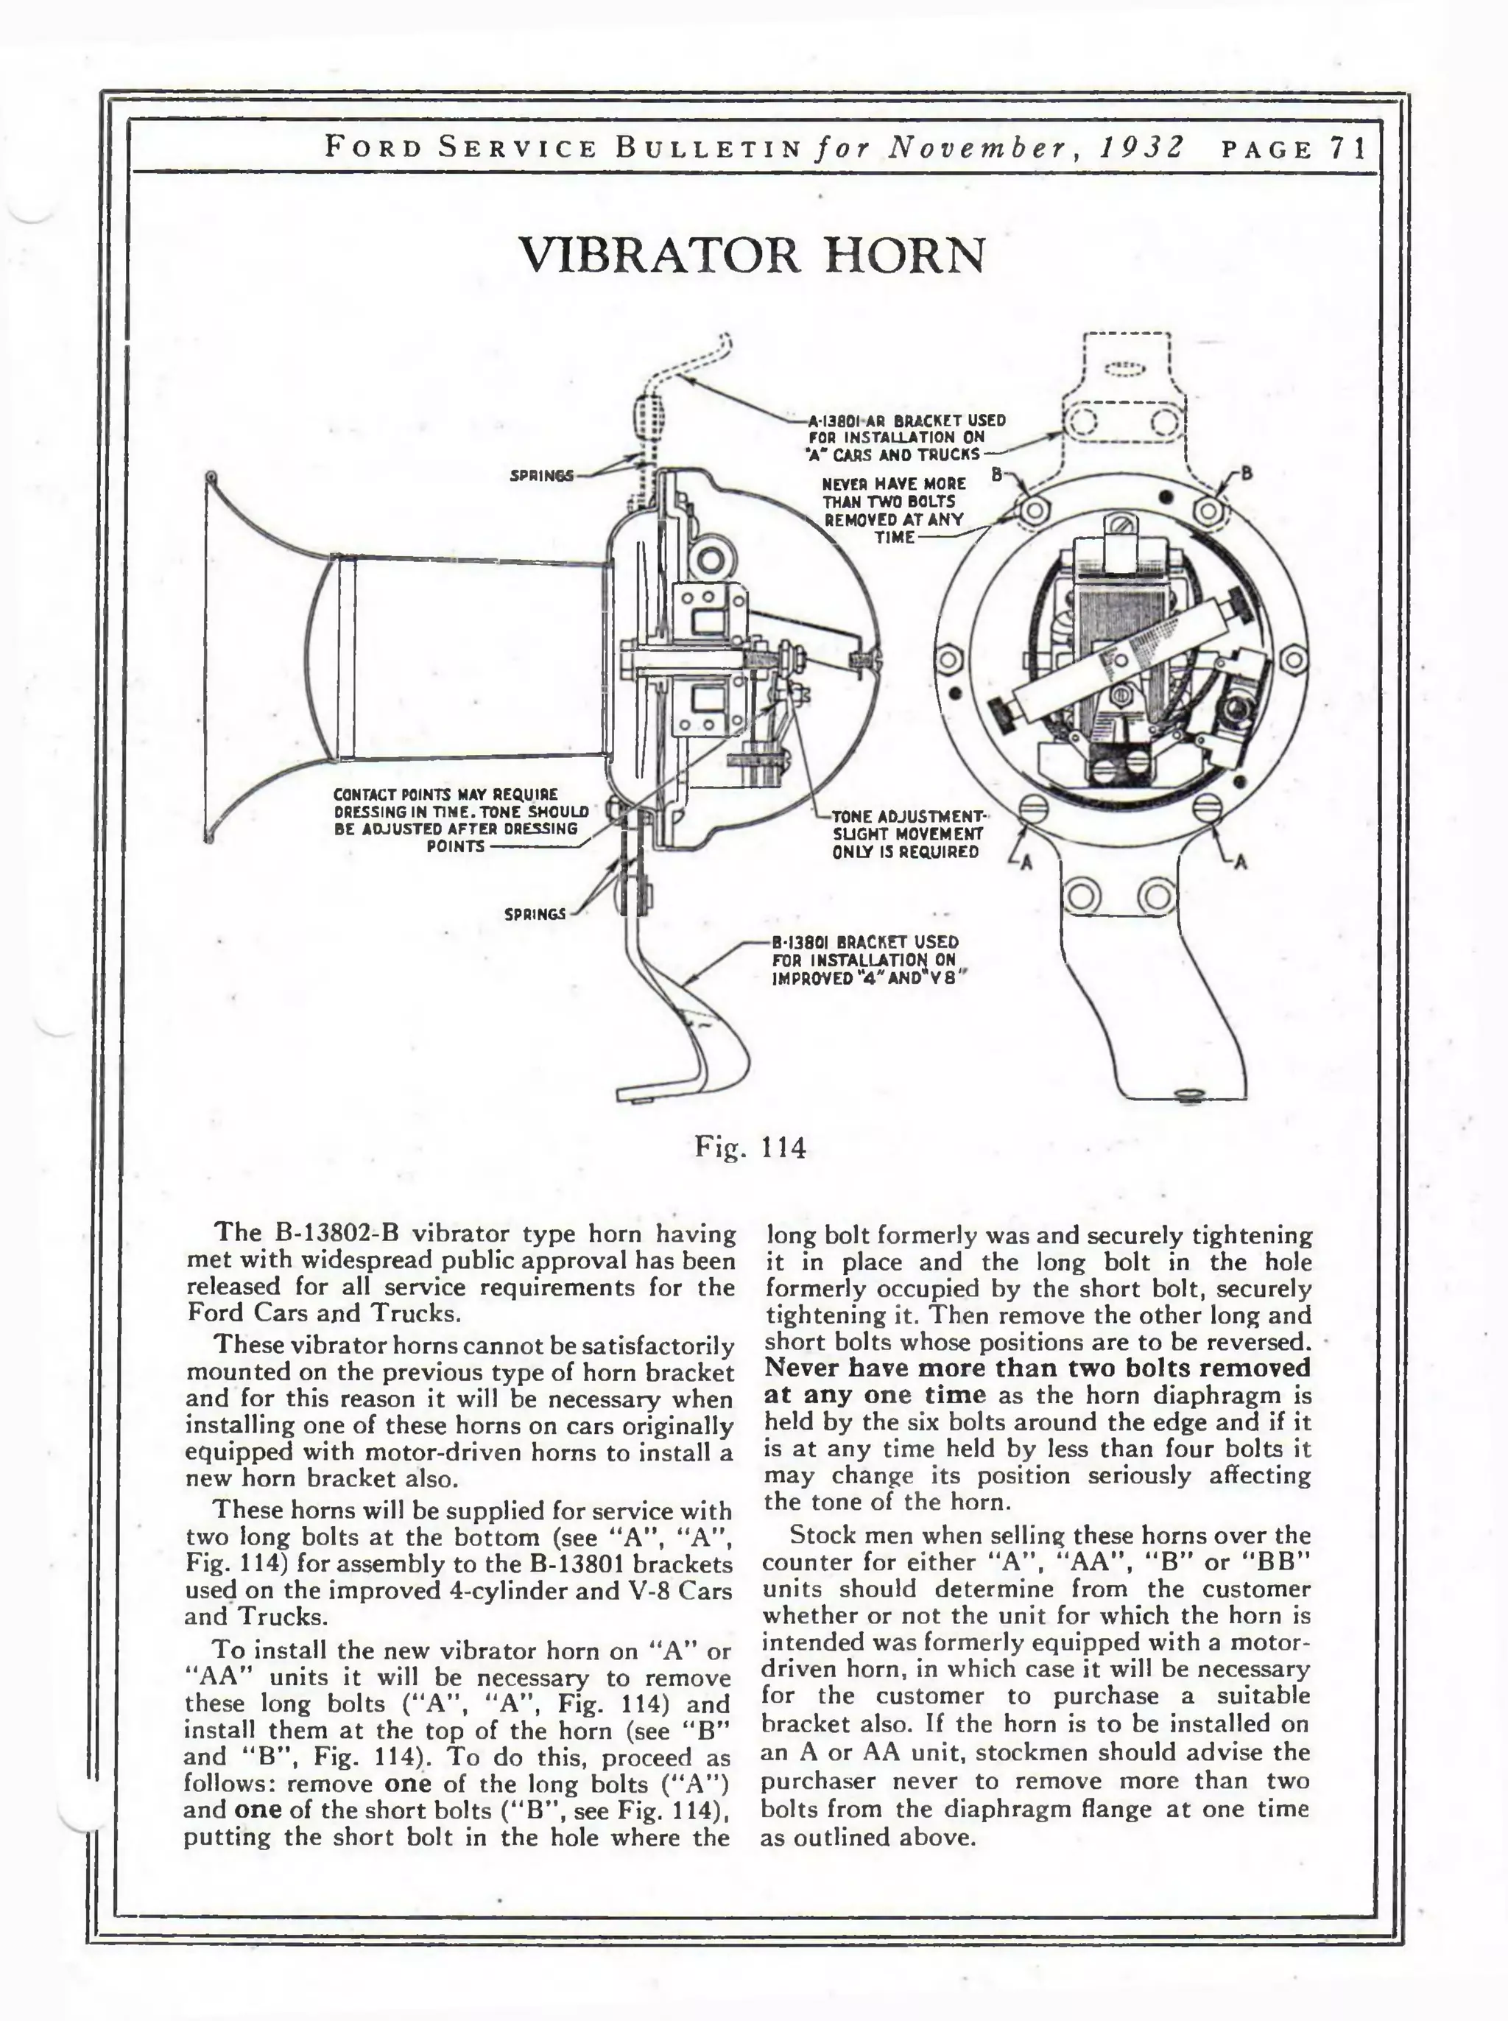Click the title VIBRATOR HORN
coord(753,255)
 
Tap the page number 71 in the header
coord(1348,148)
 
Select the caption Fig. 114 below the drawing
coord(750,1147)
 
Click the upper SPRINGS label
coord(541,476)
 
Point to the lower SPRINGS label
coord(535,914)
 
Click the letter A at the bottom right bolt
coord(1240,862)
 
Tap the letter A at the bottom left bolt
coord(1025,862)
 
